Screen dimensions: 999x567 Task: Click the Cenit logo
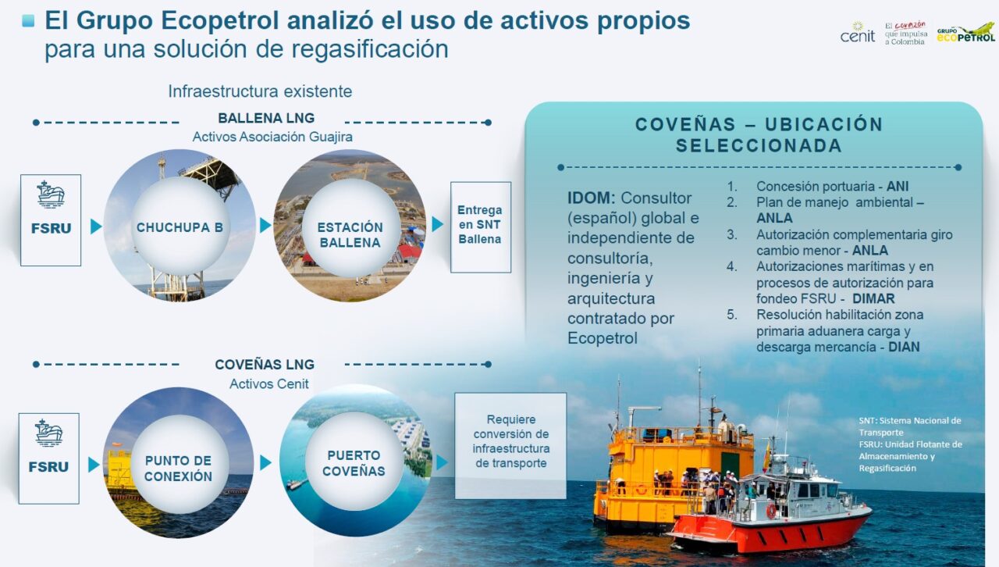point(857,33)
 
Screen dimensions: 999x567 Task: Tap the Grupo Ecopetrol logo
point(965,33)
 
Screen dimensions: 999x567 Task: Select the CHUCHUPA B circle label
point(180,227)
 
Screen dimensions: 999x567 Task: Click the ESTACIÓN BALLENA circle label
point(350,235)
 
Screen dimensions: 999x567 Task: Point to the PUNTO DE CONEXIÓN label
point(179,469)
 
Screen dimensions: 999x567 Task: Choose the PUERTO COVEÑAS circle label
point(354,463)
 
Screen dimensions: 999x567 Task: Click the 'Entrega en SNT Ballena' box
point(480,226)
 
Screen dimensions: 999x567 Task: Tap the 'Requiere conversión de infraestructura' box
point(510,446)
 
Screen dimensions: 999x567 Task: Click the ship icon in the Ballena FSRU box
point(51,194)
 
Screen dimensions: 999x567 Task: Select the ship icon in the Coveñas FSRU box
point(48,433)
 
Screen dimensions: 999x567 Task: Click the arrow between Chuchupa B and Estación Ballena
point(265,225)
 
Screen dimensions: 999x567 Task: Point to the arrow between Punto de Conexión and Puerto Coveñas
point(265,462)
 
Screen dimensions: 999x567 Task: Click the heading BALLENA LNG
point(266,118)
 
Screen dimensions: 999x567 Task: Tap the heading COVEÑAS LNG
point(265,364)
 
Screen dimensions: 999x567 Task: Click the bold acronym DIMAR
point(873,298)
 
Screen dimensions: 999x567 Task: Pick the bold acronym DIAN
point(904,347)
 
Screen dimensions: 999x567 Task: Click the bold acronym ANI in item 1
point(898,186)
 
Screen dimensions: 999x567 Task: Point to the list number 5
point(732,315)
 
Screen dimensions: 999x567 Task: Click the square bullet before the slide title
point(28,20)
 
